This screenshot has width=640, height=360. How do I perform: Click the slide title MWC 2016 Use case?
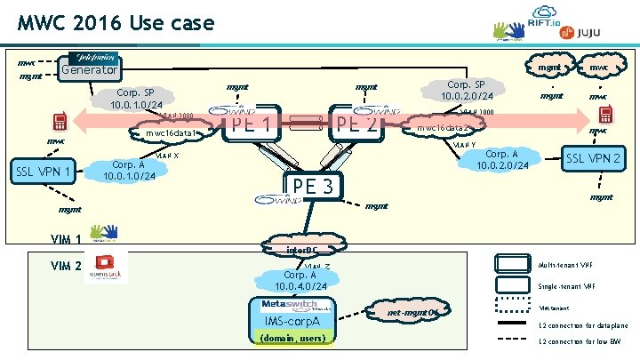click(116, 21)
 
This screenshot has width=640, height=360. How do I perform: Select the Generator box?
click(88, 69)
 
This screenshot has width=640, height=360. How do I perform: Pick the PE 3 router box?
click(313, 187)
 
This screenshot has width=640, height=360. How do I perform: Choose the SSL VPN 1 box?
click(41, 170)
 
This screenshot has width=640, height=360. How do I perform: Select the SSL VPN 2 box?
click(594, 157)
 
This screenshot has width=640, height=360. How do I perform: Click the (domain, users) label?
click(292, 338)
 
